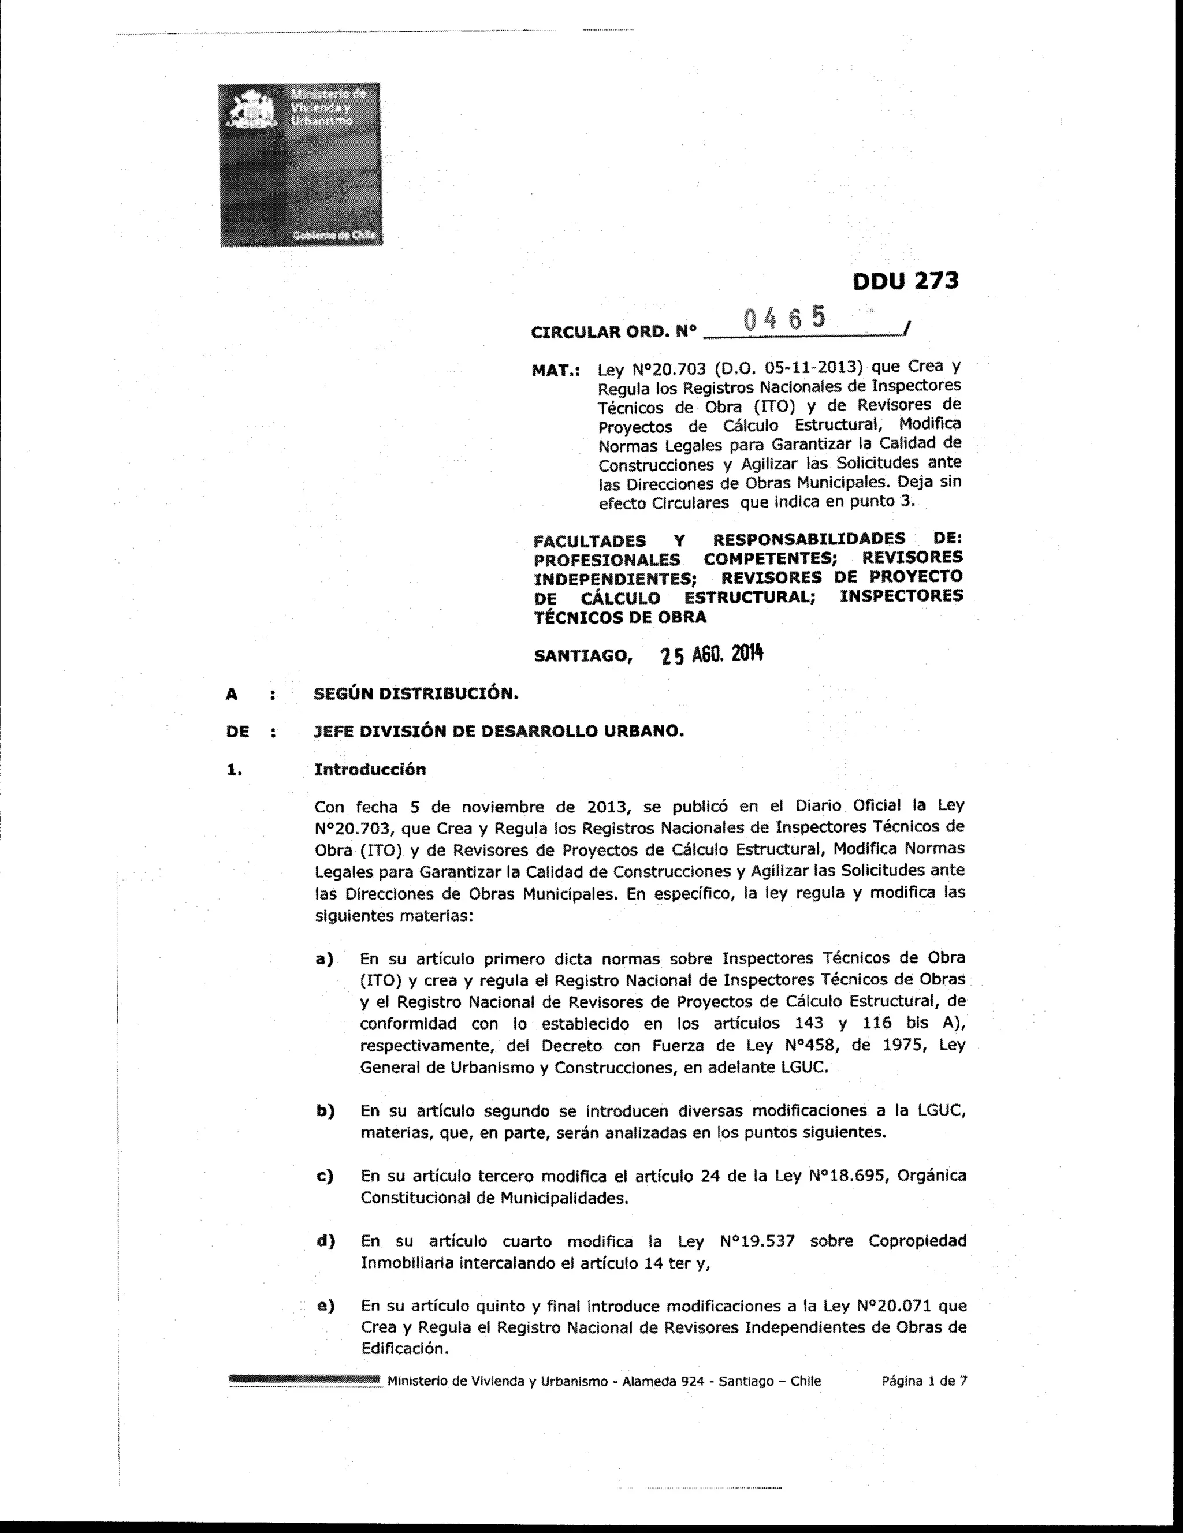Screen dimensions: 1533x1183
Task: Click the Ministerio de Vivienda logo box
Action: tap(300, 165)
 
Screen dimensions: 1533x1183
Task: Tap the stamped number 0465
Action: tap(784, 319)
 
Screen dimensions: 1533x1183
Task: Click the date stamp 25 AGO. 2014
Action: tap(711, 655)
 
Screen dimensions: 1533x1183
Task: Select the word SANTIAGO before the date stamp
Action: tap(582, 657)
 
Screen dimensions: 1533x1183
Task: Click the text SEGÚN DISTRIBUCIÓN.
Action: tap(416, 693)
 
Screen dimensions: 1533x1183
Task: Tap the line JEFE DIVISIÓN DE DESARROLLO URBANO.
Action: tap(499, 732)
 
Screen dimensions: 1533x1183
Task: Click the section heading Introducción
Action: tap(370, 769)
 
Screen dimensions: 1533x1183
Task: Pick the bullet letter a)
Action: tap(325, 959)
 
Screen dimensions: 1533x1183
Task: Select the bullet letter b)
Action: tap(325, 1111)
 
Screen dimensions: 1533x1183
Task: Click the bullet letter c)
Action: tap(325, 1176)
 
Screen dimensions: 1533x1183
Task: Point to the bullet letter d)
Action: tap(325, 1241)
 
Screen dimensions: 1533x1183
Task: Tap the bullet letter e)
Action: tap(325, 1306)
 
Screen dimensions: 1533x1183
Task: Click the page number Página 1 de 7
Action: tap(924, 1381)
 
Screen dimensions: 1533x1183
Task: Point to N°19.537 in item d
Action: tap(757, 1241)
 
